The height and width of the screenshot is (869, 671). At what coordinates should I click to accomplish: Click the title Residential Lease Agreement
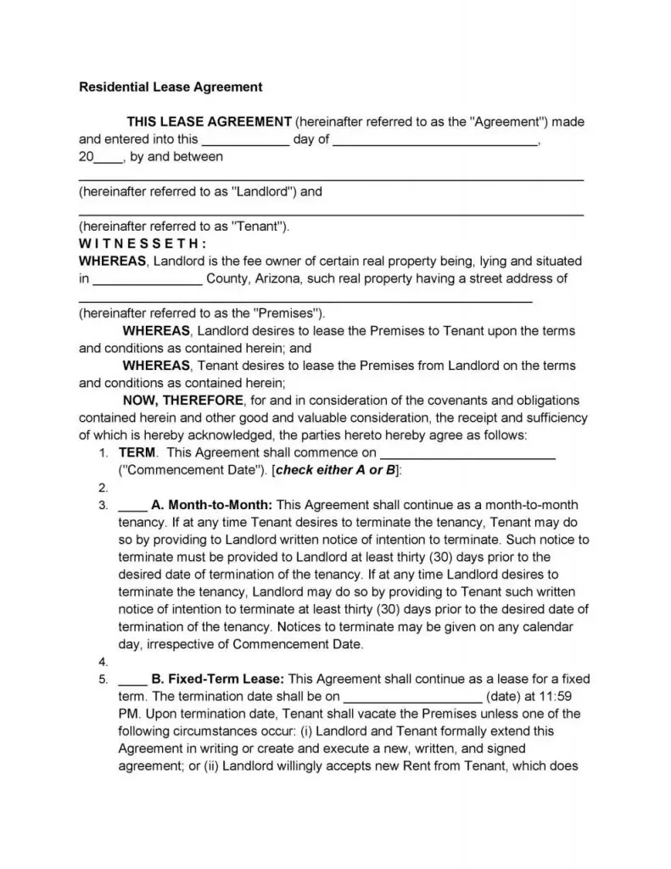[171, 87]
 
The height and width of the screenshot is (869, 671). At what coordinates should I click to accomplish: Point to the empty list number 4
[103, 662]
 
